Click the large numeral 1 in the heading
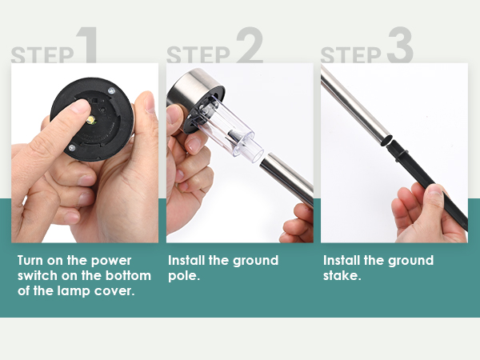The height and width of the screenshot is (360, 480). [x=88, y=45]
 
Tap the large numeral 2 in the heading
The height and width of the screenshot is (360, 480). [x=250, y=45]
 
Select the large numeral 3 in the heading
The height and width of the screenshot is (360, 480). [x=400, y=45]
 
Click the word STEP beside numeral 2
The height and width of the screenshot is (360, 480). [x=198, y=54]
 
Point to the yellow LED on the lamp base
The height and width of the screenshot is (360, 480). [x=91, y=120]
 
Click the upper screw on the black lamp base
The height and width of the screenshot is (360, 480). [x=111, y=90]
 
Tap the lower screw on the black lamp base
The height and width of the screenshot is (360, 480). [x=72, y=148]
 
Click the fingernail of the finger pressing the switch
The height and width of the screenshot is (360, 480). [x=80, y=107]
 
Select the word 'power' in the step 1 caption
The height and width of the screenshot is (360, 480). [x=111, y=261]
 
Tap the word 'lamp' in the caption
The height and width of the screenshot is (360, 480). [x=74, y=291]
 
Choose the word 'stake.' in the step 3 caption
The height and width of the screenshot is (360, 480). [x=342, y=275]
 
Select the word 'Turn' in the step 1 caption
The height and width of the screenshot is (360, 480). [x=30, y=261]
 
